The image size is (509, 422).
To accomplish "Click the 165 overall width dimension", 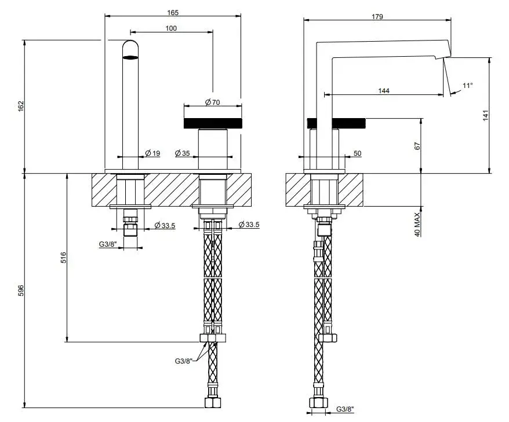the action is (173, 13).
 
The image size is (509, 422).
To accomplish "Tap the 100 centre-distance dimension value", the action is (171, 28).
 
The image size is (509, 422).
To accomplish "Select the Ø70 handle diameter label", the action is (213, 102).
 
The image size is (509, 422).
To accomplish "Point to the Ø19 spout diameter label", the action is (152, 153).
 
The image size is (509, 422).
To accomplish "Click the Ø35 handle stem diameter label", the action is (182, 153).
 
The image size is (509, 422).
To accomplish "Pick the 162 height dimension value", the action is (21, 107).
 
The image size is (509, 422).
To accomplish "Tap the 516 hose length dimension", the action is (63, 258).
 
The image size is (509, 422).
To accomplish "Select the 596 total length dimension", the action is (21, 291).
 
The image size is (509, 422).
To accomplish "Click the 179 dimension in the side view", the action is (377, 17).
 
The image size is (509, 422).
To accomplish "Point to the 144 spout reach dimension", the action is (384, 91).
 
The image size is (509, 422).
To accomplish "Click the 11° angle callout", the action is (468, 86).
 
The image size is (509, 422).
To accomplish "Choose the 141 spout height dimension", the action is (485, 115).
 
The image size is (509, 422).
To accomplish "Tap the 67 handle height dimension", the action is (417, 146).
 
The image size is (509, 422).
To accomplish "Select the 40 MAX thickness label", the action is (417, 224).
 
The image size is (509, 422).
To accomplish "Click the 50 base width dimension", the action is (357, 153).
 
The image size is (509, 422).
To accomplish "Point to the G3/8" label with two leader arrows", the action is (184, 361).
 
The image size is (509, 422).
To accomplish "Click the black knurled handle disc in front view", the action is (213, 123).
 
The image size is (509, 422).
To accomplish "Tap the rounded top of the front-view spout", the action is (130, 45).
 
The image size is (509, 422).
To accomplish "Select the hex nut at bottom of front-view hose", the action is (213, 402).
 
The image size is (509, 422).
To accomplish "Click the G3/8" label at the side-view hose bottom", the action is (345, 409).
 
